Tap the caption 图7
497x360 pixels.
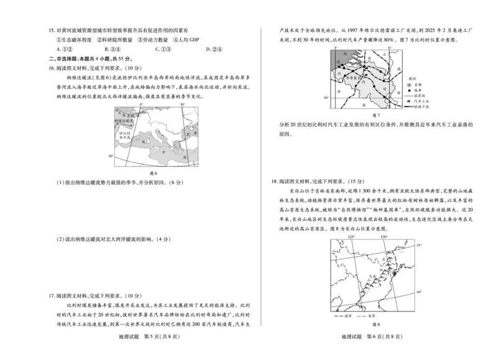click(x=374, y=116)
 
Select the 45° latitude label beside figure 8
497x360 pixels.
click(x=419, y=246)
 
